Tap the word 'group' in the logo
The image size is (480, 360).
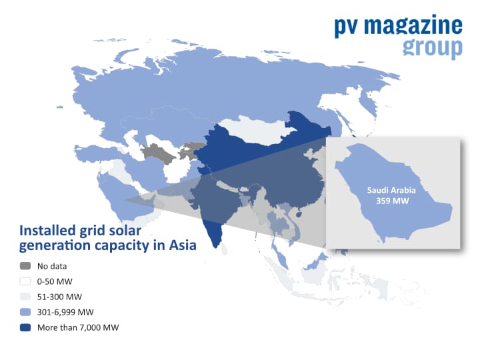(432, 49)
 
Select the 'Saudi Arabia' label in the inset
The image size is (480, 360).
(391, 191)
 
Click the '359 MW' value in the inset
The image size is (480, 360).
(393, 201)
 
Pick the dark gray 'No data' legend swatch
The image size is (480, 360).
(25, 266)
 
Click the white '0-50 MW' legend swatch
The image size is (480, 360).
(25, 281)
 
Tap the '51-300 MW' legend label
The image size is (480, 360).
(59, 297)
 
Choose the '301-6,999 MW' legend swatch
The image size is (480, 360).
(25, 312)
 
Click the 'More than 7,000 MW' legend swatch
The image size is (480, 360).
(25, 327)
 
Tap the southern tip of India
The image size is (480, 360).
(216, 247)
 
